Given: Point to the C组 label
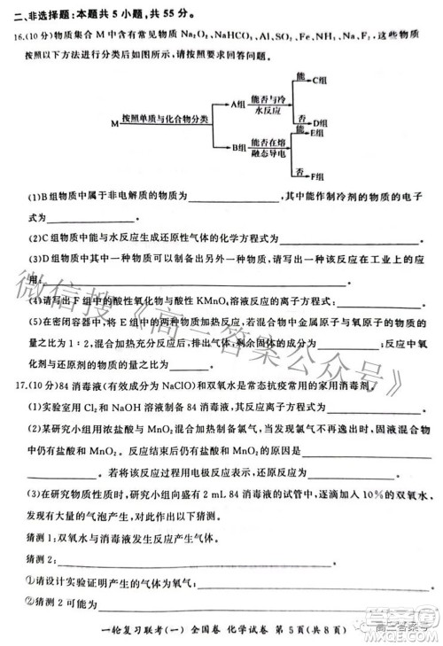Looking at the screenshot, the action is (321, 80).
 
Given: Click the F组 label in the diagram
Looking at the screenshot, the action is (320, 174).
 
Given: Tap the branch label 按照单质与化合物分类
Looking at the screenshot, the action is (166, 117).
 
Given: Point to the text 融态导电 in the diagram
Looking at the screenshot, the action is (268, 153).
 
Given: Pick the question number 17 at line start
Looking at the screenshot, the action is (19, 388).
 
